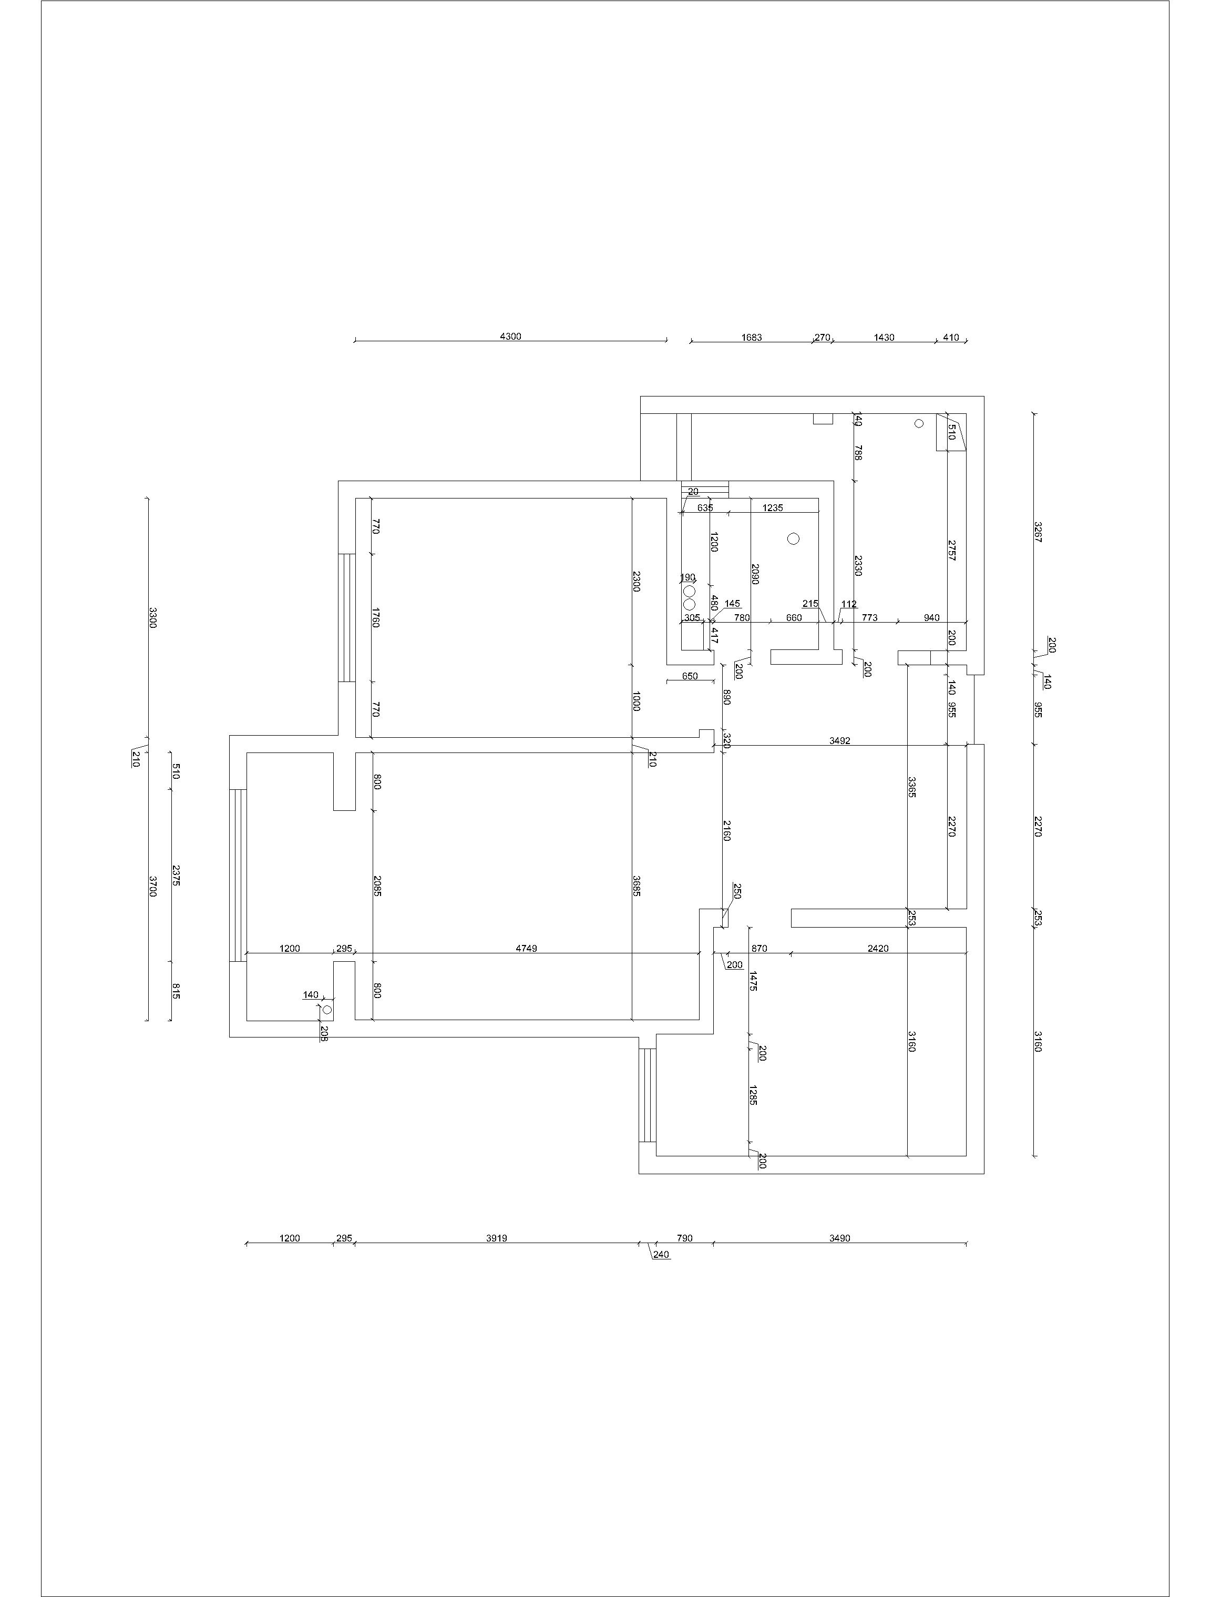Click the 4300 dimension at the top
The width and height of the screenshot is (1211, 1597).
pyautogui.click(x=510, y=337)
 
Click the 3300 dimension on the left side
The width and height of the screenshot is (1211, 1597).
pyautogui.click(x=152, y=617)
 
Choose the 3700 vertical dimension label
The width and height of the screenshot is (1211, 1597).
pyautogui.click(x=152, y=886)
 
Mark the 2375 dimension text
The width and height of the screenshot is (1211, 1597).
pyautogui.click(x=176, y=875)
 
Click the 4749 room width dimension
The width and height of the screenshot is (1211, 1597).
pyautogui.click(x=526, y=948)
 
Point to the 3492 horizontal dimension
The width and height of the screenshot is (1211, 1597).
pyautogui.click(x=839, y=740)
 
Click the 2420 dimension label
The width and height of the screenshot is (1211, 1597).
pyautogui.click(x=878, y=948)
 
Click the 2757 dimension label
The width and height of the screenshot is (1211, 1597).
pyautogui.click(x=952, y=550)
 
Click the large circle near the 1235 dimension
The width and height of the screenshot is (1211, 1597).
pyautogui.click(x=794, y=538)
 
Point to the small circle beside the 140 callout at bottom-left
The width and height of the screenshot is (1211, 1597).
pyautogui.click(x=327, y=1009)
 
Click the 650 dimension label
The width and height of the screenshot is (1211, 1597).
pyautogui.click(x=690, y=676)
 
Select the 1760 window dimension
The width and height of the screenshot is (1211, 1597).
pyautogui.click(x=376, y=617)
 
